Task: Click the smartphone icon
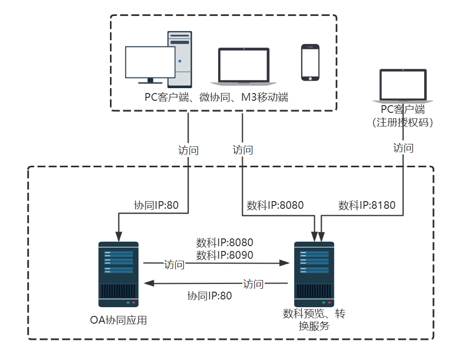pos(310,63)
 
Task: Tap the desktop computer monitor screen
pos(149,62)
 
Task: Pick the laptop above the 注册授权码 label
pos(403,86)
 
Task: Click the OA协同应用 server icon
pos(118,274)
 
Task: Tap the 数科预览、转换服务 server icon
pos(314,274)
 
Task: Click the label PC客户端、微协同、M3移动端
pos(216,97)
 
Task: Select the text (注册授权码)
pos(403,122)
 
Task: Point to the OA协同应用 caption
pos(118,320)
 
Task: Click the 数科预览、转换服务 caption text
pos(314,320)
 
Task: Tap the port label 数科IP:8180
pos(366,205)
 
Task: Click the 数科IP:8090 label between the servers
pos(224,255)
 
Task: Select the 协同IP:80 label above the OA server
pos(156,205)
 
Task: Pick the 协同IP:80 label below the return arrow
pos(209,296)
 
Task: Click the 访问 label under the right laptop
pos(403,148)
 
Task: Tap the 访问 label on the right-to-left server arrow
pos(253,284)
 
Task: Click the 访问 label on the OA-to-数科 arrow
pos(174,265)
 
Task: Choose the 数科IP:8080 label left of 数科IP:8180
pos(275,205)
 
